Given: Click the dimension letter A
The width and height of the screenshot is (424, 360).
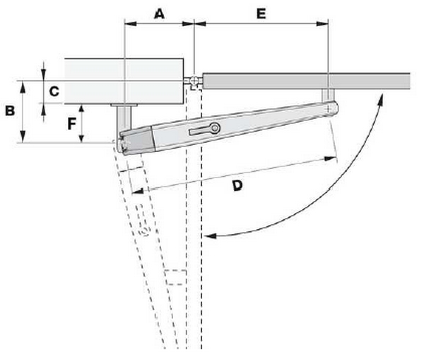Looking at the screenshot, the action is click(159, 13).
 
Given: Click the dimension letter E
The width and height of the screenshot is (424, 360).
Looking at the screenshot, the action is click(261, 13).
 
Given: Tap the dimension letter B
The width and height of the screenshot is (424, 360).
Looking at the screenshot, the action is click(10, 111).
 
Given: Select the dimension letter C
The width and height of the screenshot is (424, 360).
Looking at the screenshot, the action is click(54, 91).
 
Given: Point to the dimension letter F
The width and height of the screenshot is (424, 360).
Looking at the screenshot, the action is click(71, 124).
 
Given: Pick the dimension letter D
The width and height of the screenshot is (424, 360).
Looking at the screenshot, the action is click(237, 186).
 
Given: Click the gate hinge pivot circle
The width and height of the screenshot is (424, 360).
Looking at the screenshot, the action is click(194, 81).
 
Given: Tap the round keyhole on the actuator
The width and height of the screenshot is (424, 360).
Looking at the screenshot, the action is click(216, 128).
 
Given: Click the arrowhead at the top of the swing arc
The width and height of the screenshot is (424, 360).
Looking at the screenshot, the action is click(381, 98).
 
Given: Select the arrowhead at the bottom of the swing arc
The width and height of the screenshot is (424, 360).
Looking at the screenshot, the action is click(211, 236).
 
